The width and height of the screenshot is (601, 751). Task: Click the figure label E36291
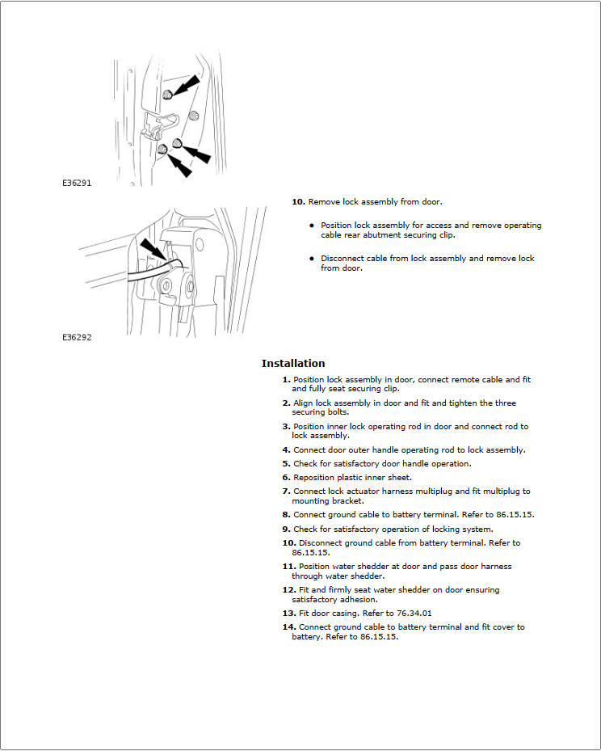77,184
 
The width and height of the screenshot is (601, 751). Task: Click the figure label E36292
77,337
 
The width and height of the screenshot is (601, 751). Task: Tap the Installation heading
293,364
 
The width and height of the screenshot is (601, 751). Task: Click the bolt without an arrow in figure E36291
194,116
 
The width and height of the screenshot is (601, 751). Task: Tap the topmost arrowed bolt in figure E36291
167,95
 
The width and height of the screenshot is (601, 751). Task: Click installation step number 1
286,379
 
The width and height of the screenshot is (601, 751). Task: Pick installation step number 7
286,491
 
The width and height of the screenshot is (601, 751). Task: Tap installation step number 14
288,627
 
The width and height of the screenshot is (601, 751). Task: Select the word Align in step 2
303,403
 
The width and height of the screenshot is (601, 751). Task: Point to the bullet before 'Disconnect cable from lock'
311,259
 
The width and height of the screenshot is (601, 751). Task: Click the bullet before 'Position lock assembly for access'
311,226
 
